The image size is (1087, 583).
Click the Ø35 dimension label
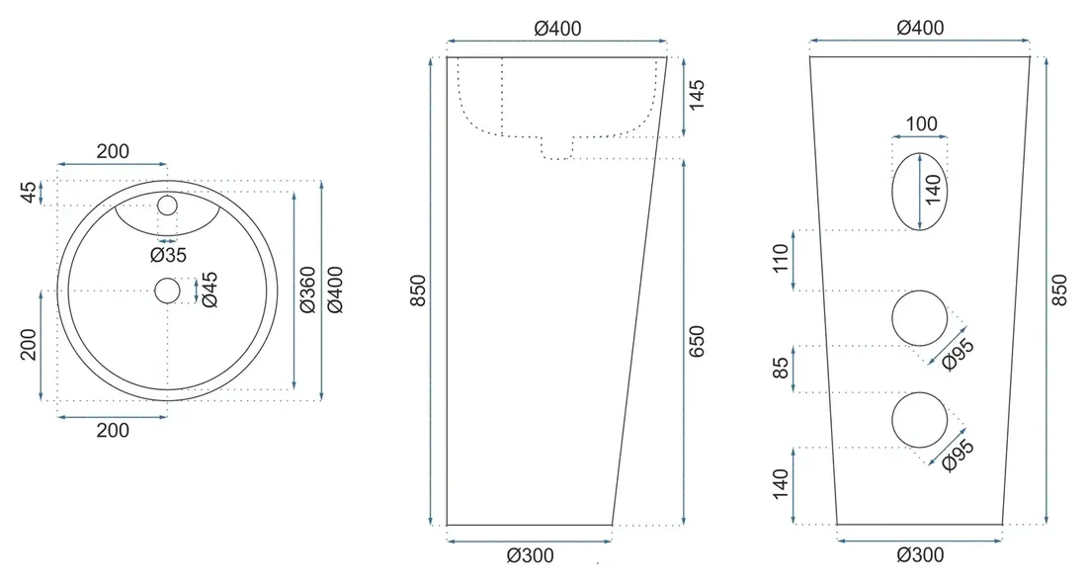click(168, 255)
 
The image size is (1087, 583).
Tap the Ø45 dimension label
click(209, 290)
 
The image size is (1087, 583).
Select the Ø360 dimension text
click(307, 290)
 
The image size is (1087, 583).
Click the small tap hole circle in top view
click(167, 206)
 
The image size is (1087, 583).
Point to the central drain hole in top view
click(167, 291)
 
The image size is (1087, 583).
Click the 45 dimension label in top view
click(28, 192)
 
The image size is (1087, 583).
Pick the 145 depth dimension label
click(696, 94)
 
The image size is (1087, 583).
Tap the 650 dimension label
click(696, 341)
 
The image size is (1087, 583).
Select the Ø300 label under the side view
click(531, 555)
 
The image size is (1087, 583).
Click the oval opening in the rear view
click(919, 192)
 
